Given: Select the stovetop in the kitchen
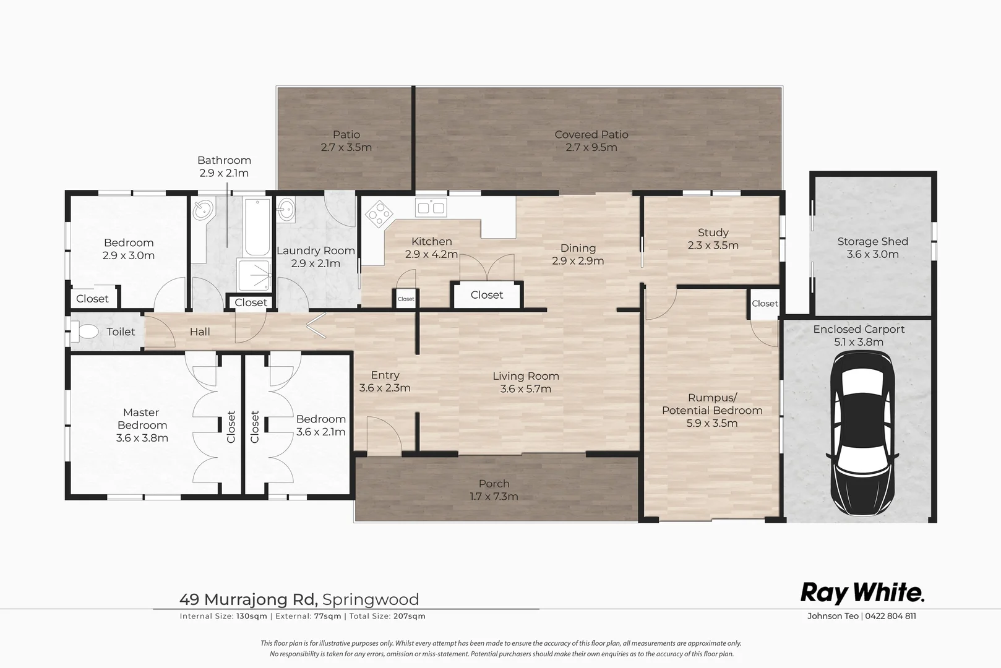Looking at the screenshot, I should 379,215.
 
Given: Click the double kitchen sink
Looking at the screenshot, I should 431,208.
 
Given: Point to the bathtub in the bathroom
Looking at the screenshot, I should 257,226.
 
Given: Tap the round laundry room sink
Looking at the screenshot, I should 286,210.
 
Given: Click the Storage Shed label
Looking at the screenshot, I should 872,242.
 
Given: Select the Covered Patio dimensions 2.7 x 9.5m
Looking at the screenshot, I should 591,147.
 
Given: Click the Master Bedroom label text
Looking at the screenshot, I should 142,419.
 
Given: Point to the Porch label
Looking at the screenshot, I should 494,484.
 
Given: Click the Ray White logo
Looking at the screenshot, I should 862,593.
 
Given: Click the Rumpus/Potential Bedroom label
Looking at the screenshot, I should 711,404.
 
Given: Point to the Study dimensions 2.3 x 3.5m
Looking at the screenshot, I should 713,246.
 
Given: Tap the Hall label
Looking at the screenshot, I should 200,332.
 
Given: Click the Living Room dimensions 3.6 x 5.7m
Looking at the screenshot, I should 525,389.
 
